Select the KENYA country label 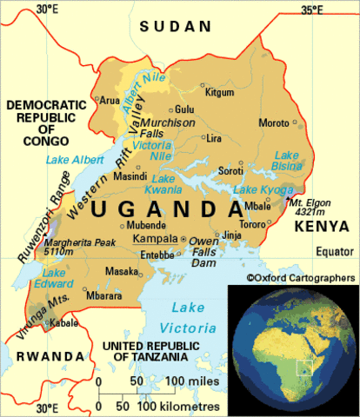(322, 227)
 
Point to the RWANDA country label (35, 356)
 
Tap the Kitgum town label (219, 92)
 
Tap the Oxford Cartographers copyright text (301, 277)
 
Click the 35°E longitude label (312, 10)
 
